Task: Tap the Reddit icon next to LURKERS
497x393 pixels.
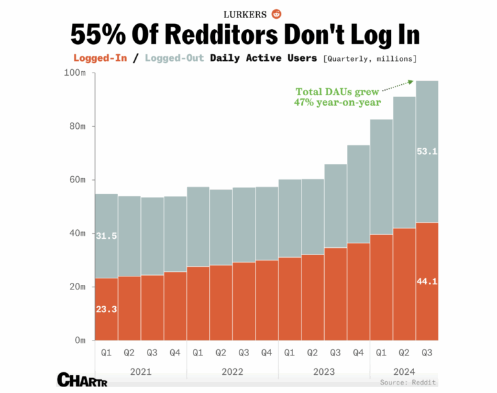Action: [x=277, y=14]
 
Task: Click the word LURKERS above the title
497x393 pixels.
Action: [x=247, y=14]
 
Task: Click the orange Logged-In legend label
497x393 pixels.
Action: [x=100, y=58]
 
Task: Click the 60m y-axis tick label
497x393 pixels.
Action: [x=77, y=179]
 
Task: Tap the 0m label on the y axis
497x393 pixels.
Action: [x=80, y=340]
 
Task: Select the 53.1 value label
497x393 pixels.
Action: [x=427, y=152]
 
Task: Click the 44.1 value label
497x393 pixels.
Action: [x=427, y=281]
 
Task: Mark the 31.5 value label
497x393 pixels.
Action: [x=106, y=236]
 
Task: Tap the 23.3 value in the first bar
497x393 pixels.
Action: [x=106, y=309]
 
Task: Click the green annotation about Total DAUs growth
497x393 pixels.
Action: [x=337, y=96]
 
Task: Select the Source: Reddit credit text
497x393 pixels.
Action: [x=408, y=383]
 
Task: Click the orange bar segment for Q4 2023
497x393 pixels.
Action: [x=359, y=291]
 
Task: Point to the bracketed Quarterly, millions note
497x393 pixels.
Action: [x=370, y=58]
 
